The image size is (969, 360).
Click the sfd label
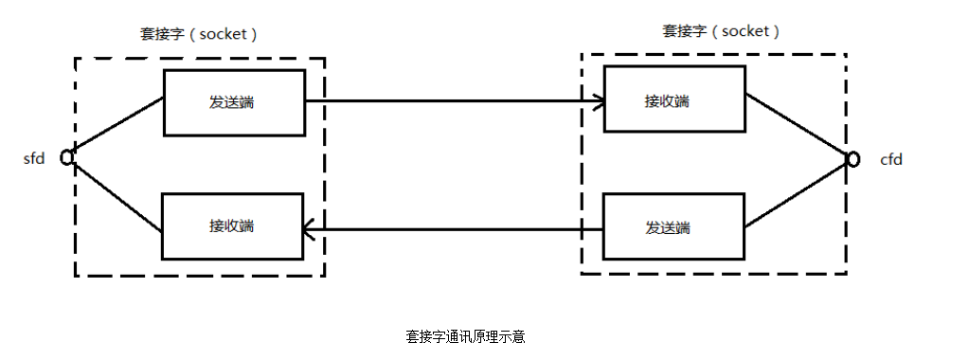pyautogui.click(x=34, y=158)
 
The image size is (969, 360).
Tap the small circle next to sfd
pyautogui.click(x=67, y=157)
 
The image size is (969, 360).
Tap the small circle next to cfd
pyautogui.click(x=852, y=159)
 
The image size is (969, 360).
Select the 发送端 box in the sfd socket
pyautogui.click(x=234, y=102)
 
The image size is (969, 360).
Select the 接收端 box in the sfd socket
pyautogui.click(x=233, y=225)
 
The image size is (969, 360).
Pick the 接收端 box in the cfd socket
pyautogui.click(x=673, y=99)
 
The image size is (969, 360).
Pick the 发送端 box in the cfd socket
pyautogui.click(x=673, y=227)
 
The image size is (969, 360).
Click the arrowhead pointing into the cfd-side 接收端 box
pyautogui.click(x=598, y=100)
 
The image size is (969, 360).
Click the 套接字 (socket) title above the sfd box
pyautogui.click(x=199, y=34)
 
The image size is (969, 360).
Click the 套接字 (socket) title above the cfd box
pyautogui.click(x=721, y=30)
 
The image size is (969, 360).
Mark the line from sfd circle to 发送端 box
pyautogui.click(x=117, y=126)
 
